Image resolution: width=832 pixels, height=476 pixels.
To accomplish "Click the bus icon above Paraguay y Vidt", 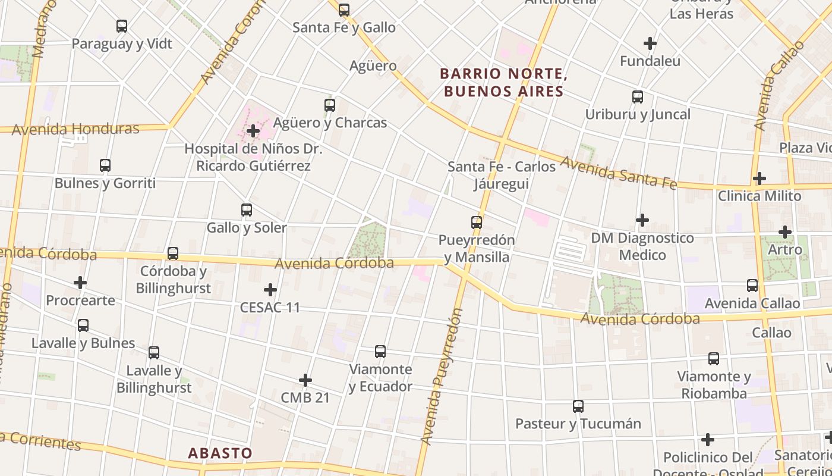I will coord(122,26).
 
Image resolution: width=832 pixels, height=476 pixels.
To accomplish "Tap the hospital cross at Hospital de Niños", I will coord(253,130).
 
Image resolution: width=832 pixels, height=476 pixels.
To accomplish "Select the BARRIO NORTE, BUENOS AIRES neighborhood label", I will coord(501,83).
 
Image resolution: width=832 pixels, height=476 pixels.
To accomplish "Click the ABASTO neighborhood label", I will coord(220,453).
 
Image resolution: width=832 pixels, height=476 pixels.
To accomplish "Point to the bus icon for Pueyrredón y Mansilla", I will coord(477,223).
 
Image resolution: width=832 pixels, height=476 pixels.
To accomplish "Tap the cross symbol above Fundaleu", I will coord(650,43).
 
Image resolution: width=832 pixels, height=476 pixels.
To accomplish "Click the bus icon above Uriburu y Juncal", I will coord(638,97).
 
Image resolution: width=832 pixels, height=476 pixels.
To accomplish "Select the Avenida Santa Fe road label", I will coord(619,173).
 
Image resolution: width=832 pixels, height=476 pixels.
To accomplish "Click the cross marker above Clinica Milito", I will coord(759,178).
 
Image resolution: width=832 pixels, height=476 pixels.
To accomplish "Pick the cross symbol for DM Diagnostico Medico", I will coord(642,220).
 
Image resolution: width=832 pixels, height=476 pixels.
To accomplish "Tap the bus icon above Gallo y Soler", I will coord(247,210).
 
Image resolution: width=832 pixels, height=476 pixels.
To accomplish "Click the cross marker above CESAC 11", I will coord(270,290).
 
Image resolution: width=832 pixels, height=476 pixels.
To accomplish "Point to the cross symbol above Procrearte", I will coord(80,283).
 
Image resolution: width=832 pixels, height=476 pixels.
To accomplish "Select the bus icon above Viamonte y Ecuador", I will coord(380,352).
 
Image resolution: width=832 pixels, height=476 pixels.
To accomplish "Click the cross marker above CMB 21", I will coord(305,380).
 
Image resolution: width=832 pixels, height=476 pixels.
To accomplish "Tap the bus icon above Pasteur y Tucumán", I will coord(578,406).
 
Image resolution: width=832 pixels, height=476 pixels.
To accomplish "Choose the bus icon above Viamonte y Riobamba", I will coord(714,359).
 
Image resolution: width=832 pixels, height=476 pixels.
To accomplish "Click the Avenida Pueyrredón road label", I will coord(441,376).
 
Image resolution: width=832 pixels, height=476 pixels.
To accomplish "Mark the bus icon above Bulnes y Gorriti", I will coord(105,165).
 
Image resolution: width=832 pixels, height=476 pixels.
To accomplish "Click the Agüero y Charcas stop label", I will coord(330,123).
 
